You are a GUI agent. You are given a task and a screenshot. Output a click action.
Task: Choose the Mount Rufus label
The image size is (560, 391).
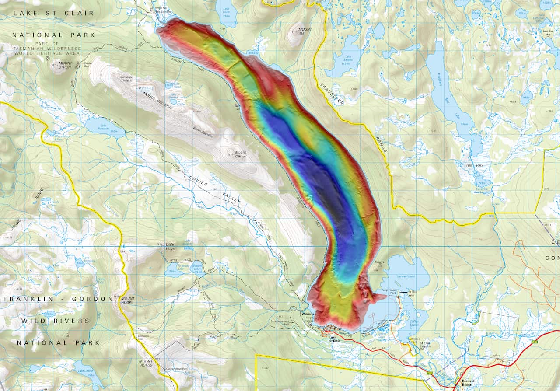click(x=146, y=363)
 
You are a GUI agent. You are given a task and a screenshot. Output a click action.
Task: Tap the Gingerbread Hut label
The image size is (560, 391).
click(x=176, y=369)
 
